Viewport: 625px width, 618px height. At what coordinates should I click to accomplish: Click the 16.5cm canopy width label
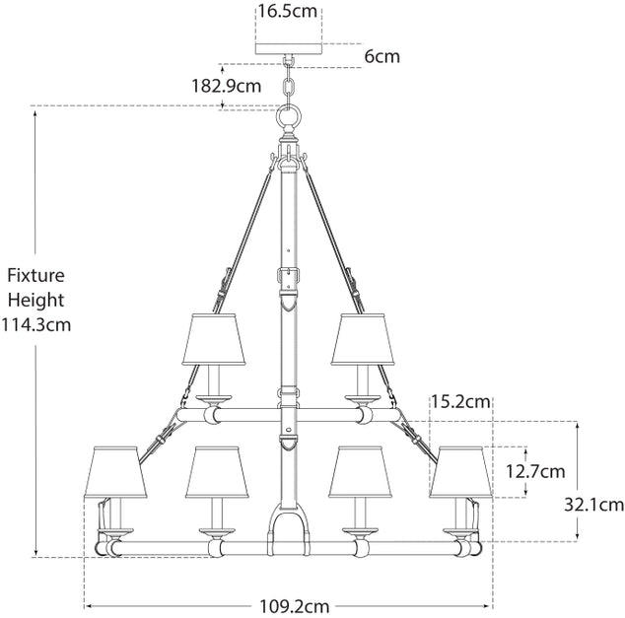tap(288, 11)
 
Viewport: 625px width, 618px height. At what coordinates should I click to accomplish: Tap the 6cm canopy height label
tap(382, 56)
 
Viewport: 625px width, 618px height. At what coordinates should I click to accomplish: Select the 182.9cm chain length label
tap(227, 86)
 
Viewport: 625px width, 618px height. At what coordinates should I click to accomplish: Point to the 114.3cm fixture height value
tap(35, 324)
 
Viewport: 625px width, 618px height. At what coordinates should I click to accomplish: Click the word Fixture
tap(35, 275)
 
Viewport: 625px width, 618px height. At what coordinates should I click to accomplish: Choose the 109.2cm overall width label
tap(295, 607)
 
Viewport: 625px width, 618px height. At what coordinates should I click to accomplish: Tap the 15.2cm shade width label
tap(460, 401)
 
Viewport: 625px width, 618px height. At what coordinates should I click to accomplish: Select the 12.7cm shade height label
tap(535, 472)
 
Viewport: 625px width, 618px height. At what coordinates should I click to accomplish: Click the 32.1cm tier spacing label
tap(593, 506)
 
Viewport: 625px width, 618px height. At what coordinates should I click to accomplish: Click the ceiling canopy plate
tap(289, 48)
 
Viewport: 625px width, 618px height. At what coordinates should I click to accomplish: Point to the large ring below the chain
tap(289, 117)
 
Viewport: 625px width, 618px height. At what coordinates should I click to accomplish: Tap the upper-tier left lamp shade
tap(214, 339)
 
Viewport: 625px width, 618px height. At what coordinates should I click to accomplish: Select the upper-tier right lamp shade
tap(363, 339)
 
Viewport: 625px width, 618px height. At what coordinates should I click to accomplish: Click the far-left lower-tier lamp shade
tap(115, 472)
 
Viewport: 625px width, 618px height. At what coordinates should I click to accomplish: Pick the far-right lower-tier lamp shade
tap(460, 472)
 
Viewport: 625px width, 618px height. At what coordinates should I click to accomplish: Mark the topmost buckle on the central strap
tap(289, 275)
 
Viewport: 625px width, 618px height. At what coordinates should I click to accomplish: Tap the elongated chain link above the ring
tap(289, 88)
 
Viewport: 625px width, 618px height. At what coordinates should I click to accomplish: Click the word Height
tap(35, 300)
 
